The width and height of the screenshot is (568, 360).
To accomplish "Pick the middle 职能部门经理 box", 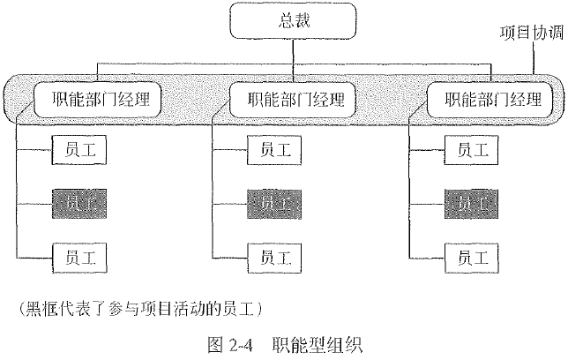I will pyautogui.click(x=290, y=97).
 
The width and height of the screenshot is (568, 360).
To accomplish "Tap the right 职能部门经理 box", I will pyautogui.click(x=490, y=97).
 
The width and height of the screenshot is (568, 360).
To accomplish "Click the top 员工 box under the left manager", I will pyautogui.click(x=80, y=149).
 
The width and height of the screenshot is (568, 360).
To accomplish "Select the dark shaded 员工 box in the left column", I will pyautogui.click(x=80, y=203).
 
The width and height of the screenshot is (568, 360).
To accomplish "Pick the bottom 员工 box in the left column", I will pyautogui.click(x=80, y=257).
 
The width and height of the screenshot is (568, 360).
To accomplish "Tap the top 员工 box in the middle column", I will pyautogui.click(x=274, y=149).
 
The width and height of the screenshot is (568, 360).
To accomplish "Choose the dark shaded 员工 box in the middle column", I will pyautogui.click(x=274, y=203).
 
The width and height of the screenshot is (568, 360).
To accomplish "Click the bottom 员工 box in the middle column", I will pyautogui.click(x=274, y=257).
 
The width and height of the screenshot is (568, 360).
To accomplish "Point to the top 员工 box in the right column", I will pyautogui.click(x=473, y=149).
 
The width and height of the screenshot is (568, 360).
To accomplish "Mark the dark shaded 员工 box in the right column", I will pyautogui.click(x=473, y=203).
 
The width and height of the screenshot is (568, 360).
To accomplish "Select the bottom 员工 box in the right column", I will pyautogui.click(x=473, y=257).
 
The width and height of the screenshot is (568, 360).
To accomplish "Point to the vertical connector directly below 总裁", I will pyautogui.click(x=291, y=54).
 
